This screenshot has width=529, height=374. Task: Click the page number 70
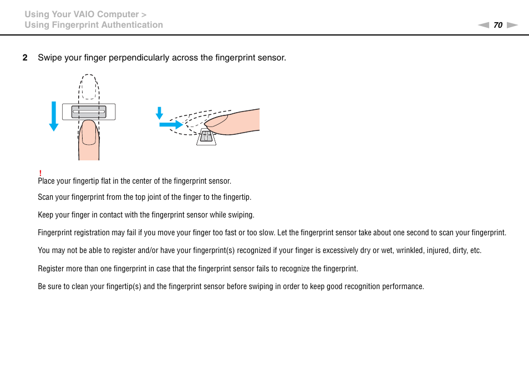(x=497, y=25)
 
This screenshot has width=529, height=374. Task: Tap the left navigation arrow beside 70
(x=484, y=25)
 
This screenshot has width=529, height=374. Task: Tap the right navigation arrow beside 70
(x=512, y=25)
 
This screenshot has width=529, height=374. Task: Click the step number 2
(x=24, y=58)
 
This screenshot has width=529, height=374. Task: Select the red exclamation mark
(x=40, y=174)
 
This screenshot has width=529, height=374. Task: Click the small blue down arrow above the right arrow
(x=159, y=113)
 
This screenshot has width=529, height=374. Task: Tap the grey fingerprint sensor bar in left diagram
(x=89, y=112)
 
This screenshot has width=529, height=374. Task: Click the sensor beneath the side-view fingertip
(x=206, y=137)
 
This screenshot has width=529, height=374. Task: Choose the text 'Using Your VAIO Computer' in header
(x=81, y=14)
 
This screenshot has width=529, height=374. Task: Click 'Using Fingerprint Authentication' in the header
(x=94, y=25)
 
